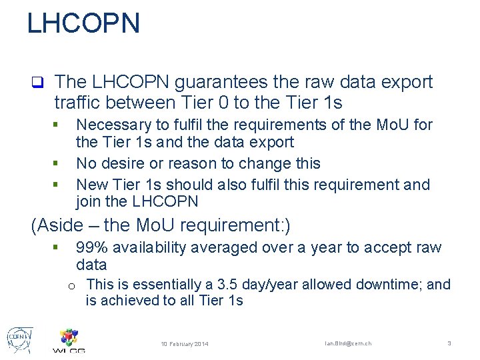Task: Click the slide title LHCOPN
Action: (x=83, y=23)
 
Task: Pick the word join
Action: (x=88, y=201)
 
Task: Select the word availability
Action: (x=151, y=247)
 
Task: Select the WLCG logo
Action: (x=69, y=341)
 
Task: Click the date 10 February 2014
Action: (x=185, y=344)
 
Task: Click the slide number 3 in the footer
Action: (x=449, y=343)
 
